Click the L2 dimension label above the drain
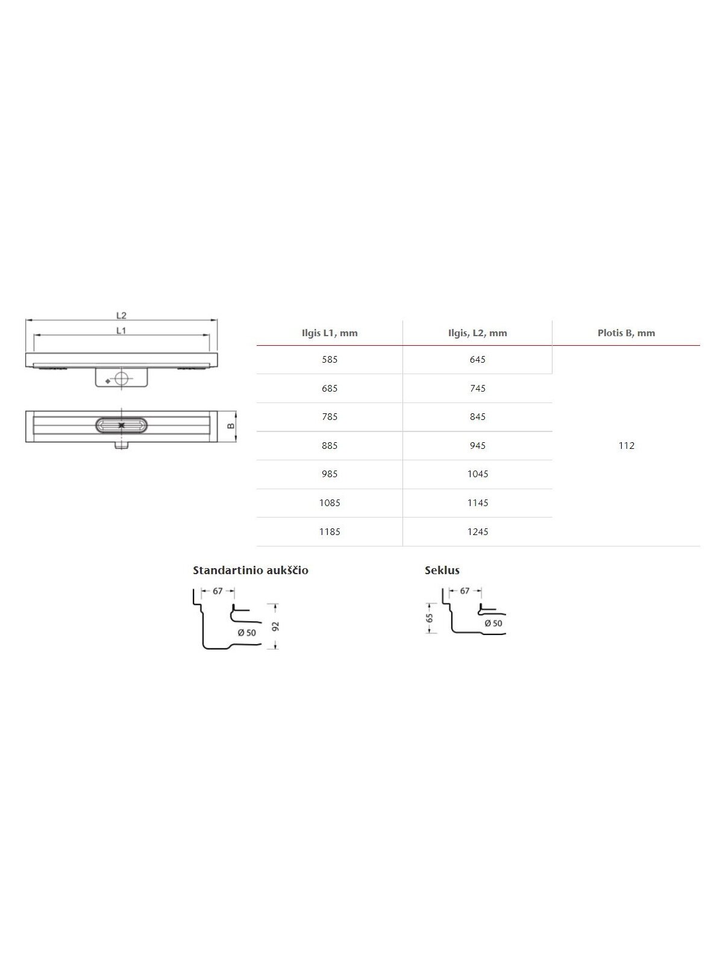(121, 315)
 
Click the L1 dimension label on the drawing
(121, 331)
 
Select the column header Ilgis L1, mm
(330, 333)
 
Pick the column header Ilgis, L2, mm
(478, 333)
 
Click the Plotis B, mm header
(627, 333)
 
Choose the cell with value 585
(330, 360)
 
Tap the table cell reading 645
(478, 360)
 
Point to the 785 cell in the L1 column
(330, 417)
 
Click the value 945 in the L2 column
(478, 446)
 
